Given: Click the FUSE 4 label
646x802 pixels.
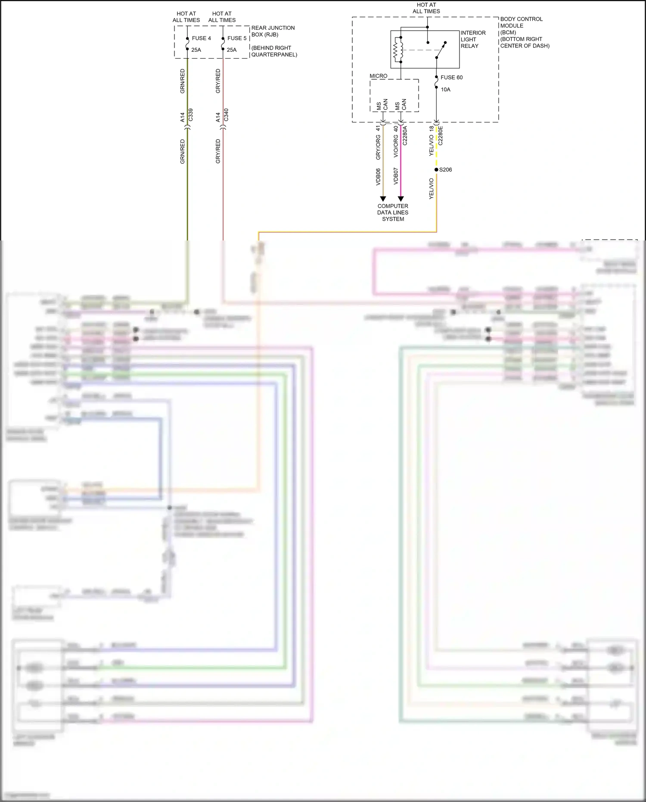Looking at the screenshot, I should coord(201,38).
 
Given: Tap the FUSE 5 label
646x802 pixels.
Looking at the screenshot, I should coord(237,38).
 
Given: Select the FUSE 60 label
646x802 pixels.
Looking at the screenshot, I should coord(451,78).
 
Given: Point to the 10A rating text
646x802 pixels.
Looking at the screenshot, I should coord(445,90).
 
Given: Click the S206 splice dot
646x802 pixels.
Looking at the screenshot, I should coord(436,170).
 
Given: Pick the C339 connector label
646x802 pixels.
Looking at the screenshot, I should coord(191,115).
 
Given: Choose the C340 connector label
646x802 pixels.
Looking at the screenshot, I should coord(227,115).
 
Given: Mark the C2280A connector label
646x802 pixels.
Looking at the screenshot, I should coord(405,135).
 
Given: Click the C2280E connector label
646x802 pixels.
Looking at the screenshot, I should coord(440,135).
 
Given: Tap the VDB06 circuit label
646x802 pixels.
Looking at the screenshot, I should coord(378,177).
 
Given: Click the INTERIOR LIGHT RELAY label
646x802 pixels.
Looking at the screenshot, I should coord(473,39).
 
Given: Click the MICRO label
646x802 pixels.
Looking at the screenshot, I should coord(378,76).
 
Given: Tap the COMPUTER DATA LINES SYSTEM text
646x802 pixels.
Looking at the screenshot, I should coord(393,212).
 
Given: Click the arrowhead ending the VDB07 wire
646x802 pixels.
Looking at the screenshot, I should coord(401,199).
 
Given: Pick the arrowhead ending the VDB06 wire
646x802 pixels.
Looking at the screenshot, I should coord(383,199).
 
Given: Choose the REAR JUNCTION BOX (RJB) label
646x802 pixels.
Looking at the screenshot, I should coord(273,31).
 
